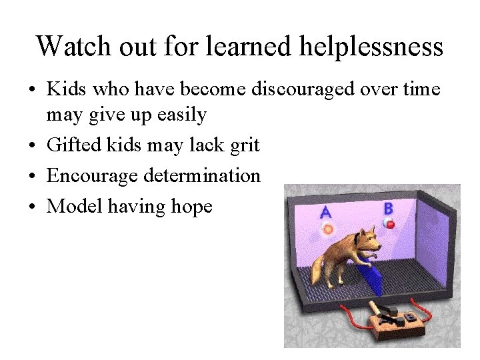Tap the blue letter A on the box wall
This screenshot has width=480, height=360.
tap(325, 213)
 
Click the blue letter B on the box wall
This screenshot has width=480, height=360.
tap(389, 209)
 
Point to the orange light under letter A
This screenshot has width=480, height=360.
tap(327, 229)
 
